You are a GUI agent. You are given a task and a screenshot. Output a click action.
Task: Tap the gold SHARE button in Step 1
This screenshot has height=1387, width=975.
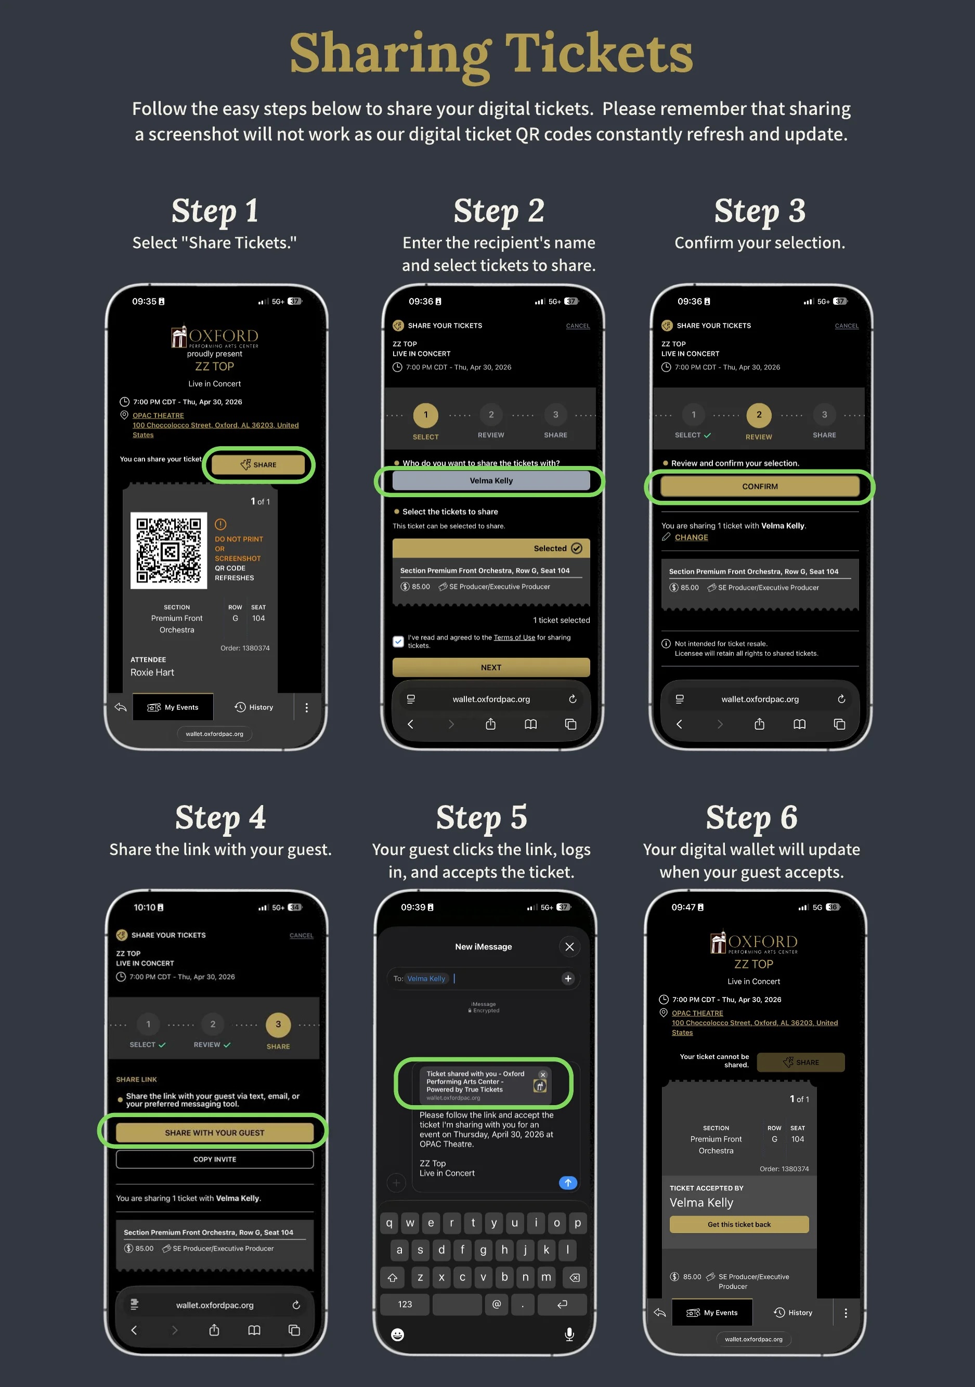click(x=258, y=464)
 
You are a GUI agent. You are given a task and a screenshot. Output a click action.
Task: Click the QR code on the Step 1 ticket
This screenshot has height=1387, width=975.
click(x=168, y=550)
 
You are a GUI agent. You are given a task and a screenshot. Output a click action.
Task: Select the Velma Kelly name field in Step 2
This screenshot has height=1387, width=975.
click(x=490, y=480)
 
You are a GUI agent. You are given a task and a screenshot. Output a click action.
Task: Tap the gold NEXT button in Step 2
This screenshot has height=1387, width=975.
click(x=490, y=667)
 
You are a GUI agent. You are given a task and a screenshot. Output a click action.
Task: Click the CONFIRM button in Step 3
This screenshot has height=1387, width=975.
click(x=759, y=486)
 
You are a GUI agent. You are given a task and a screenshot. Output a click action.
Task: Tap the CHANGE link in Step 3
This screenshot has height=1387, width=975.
click(x=691, y=537)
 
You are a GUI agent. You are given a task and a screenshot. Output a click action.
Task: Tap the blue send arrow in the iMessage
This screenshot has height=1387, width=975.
click(x=568, y=1183)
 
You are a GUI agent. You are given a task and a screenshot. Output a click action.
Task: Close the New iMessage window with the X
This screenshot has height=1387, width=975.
click(x=569, y=947)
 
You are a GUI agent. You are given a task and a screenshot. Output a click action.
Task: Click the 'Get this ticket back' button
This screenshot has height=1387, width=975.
click(x=739, y=1225)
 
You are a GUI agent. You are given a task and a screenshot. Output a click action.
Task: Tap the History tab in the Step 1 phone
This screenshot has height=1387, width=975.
click(x=254, y=707)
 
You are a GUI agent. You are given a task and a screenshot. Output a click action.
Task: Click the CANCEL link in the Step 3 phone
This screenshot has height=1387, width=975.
click(x=847, y=326)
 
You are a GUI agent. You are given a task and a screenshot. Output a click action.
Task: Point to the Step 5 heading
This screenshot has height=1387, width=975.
click(x=482, y=818)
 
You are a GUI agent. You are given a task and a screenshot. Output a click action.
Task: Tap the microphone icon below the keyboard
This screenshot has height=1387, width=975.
click(x=569, y=1334)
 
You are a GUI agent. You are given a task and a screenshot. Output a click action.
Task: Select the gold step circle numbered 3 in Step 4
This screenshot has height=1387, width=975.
click(x=278, y=1024)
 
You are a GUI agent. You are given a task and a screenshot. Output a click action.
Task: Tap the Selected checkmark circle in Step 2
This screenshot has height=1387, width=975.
click(x=576, y=548)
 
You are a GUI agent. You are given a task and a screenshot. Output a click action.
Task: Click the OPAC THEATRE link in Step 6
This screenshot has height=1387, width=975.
click(x=697, y=1013)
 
